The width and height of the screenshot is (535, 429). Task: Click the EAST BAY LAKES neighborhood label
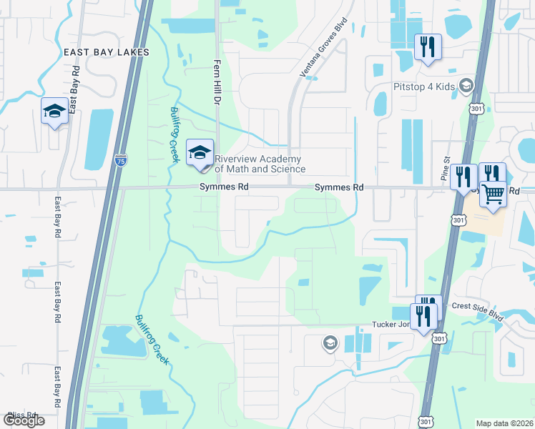click(106, 52)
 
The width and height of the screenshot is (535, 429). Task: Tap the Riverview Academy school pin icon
click(200, 152)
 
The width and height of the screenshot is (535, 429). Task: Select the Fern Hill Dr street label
click(215, 82)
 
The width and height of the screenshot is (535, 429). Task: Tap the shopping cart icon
click(494, 193)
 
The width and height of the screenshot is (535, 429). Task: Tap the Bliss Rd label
click(21, 415)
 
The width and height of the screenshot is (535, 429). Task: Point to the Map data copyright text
click(504, 423)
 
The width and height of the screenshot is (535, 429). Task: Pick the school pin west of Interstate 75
click(54, 112)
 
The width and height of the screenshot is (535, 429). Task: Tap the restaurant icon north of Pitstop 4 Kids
click(428, 47)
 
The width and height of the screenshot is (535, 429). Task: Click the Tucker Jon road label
click(390, 324)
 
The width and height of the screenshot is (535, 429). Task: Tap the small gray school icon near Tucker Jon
click(330, 344)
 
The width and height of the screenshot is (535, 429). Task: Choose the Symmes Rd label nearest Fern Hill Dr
click(224, 187)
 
